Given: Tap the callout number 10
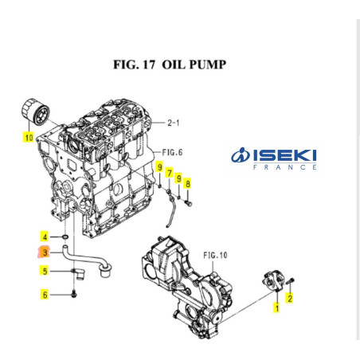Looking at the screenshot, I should coord(29,137).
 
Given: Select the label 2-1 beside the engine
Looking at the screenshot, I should coord(174,123).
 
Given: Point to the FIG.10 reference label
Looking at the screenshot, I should coord(215,255).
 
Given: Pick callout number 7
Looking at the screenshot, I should coord(169,173).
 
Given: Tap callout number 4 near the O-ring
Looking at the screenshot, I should coord(45,237).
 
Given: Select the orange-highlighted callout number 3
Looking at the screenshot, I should coord(45,253).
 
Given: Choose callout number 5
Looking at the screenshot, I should coord(45,271).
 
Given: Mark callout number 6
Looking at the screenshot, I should coord(45,295).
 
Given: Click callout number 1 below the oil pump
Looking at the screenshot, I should coord(276,307).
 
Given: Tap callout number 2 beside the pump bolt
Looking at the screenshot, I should coord(290,298).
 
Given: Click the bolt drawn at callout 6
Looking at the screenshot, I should coord(74,295).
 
